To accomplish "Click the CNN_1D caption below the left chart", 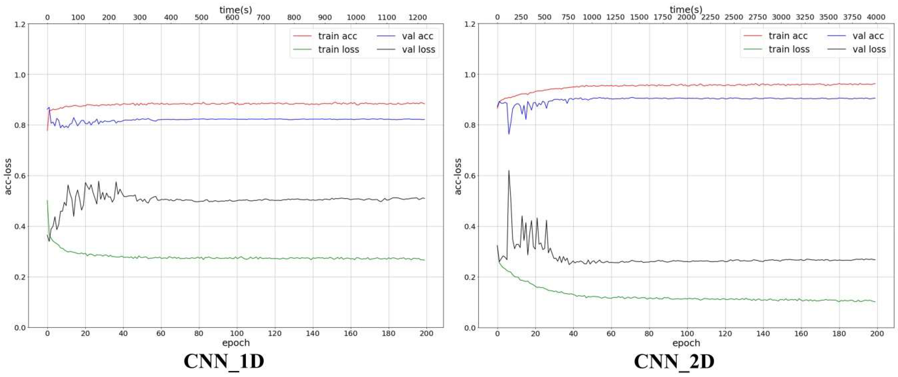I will point(224,361).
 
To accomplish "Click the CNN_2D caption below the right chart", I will point(674,361).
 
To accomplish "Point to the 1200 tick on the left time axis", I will point(417,17).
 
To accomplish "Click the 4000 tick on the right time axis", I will point(876,17).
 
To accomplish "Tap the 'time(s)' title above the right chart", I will point(686,9).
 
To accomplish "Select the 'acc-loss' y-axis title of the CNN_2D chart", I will point(458,176).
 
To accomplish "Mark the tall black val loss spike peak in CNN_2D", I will point(509,170).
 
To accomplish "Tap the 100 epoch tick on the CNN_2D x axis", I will point(687,333).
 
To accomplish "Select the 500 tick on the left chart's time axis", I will point(202,17).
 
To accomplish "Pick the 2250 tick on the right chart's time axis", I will point(710,17).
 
